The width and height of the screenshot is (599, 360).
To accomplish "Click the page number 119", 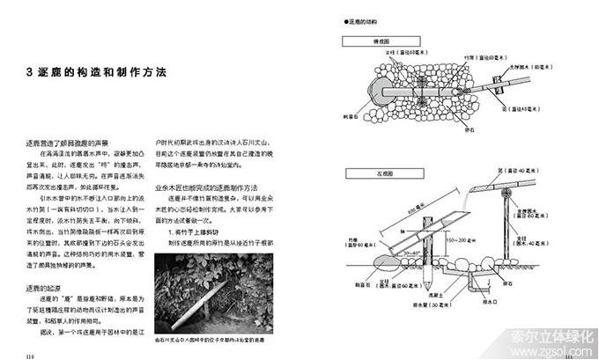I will (29, 355).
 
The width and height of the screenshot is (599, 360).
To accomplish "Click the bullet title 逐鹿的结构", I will (362, 21).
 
